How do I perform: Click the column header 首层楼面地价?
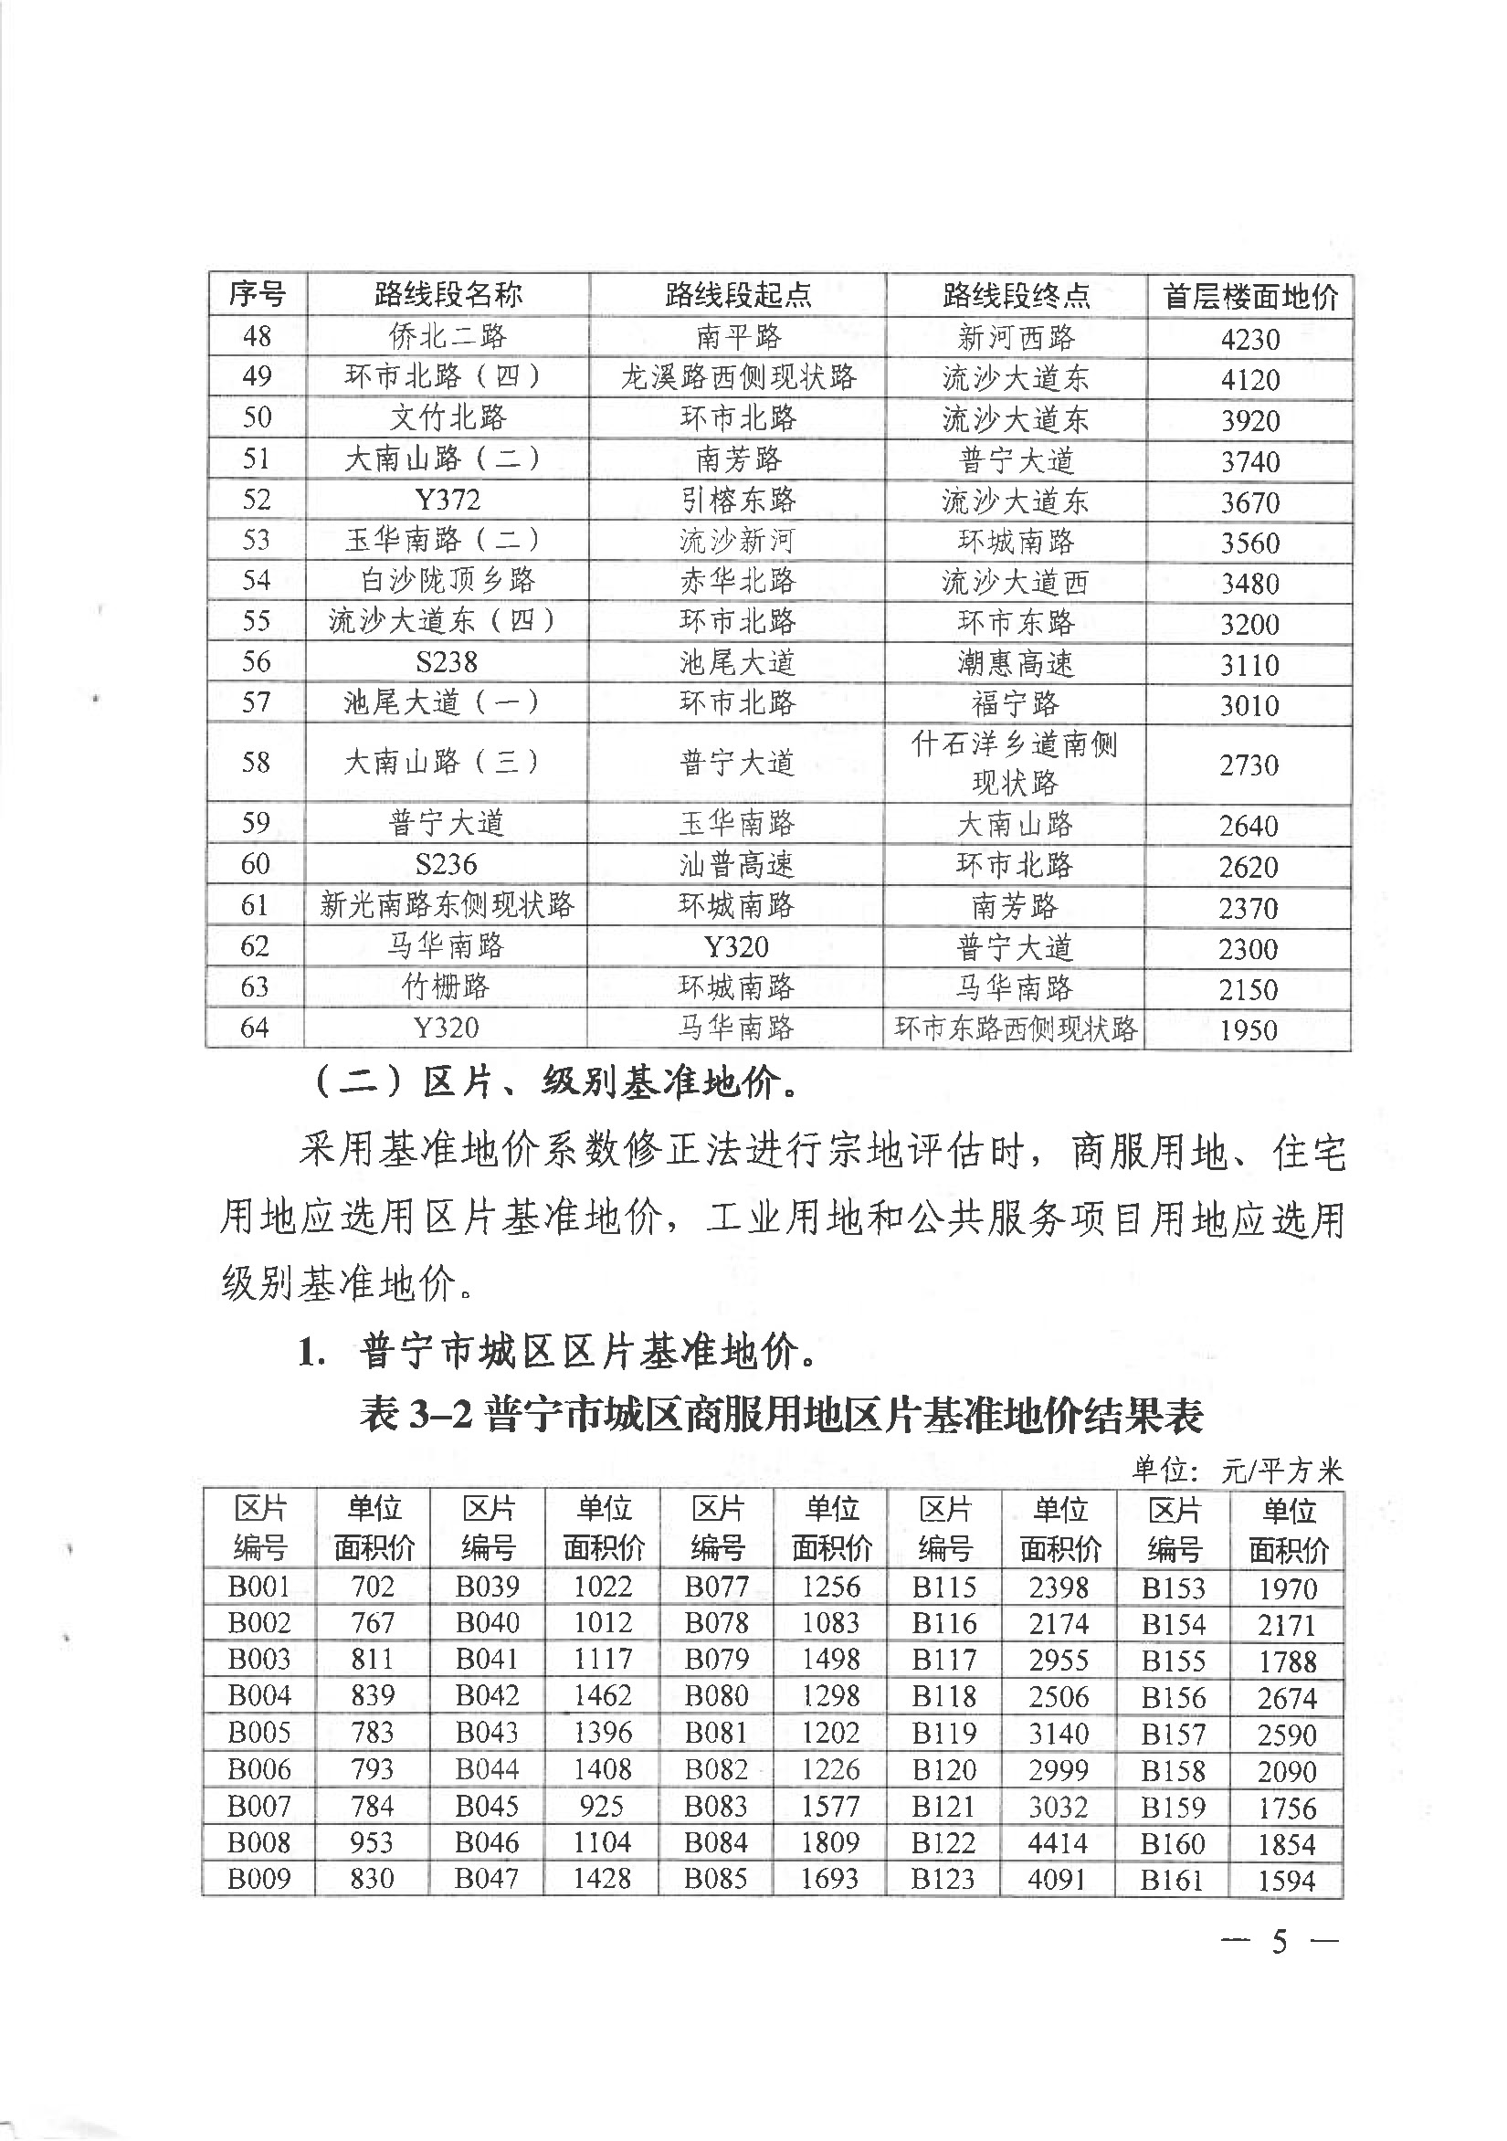(1249, 297)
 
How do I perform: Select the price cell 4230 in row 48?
(1249, 339)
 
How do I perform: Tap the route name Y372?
(448, 500)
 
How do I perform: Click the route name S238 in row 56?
(448, 662)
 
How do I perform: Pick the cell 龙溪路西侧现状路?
(738, 376)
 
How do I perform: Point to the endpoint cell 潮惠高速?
(1016, 664)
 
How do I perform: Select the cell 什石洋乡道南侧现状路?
(1015, 763)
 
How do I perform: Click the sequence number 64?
(256, 1028)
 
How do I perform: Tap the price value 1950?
(1248, 1030)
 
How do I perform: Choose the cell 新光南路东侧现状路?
(448, 904)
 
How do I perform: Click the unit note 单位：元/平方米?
(1238, 1471)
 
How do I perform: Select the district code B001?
(259, 1587)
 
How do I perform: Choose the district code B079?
(716, 1660)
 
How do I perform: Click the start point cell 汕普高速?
(737, 864)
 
